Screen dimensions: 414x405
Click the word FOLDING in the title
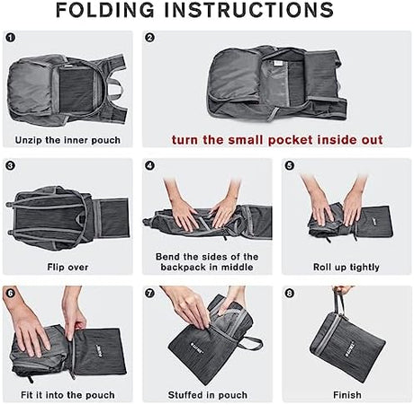(105, 10)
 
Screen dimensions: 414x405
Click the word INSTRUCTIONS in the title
(249, 10)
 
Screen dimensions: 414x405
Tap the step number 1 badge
(10, 38)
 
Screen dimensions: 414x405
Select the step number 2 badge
(149, 38)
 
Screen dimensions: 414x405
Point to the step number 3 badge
(10, 165)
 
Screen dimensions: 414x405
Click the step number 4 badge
(149, 165)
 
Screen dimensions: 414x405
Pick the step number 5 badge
(289, 165)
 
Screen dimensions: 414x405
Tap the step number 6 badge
(10, 293)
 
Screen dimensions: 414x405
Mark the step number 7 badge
(149, 293)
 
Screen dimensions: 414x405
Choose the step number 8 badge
(289, 293)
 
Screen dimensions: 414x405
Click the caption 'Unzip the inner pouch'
(67, 140)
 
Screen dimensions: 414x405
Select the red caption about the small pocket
(277, 140)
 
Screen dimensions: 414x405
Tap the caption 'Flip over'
(67, 267)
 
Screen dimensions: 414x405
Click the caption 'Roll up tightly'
(346, 267)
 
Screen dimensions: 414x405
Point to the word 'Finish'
(347, 395)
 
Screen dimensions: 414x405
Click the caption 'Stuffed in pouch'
(208, 395)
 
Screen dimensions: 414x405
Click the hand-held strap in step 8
(339, 302)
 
